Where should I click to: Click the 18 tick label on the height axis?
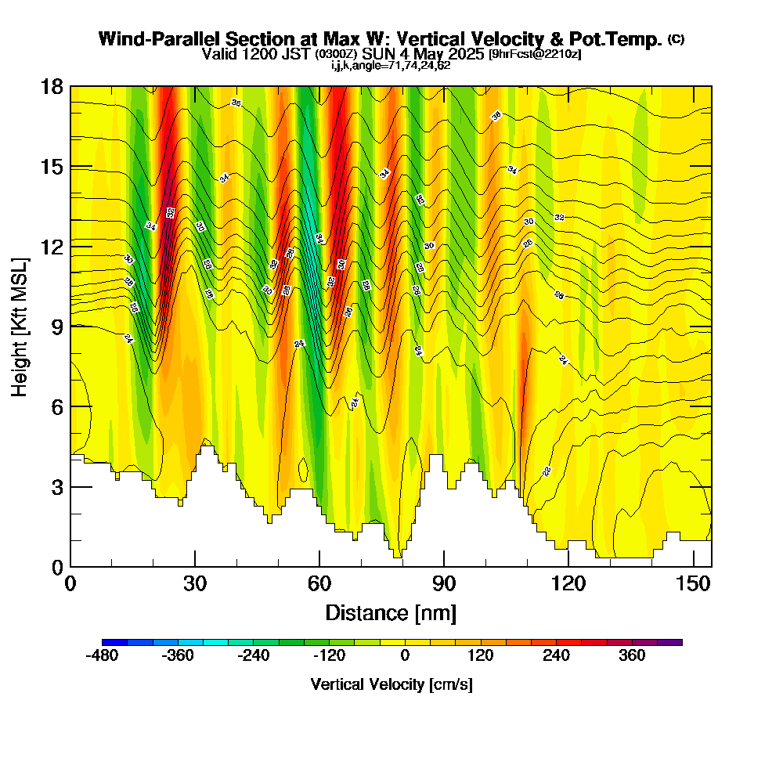tap(52, 86)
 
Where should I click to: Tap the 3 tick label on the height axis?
tap(56, 487)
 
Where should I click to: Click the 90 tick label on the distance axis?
tap(444, 583)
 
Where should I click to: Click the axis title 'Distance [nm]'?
tap(391, 612)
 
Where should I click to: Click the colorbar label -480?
tap(102, 655)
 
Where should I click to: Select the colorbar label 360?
tap(632, 655)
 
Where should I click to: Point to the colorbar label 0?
tap(405, 655)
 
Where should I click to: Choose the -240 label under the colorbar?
tap(253, 655)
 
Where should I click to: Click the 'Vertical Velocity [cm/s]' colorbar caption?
tap(391, 684)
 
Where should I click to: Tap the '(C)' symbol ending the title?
tap(676, 39)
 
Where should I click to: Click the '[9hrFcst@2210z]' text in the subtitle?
tap(535, 54)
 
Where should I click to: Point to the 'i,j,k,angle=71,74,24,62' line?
tap(391, 65)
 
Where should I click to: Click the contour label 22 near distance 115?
tap(547, 471)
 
